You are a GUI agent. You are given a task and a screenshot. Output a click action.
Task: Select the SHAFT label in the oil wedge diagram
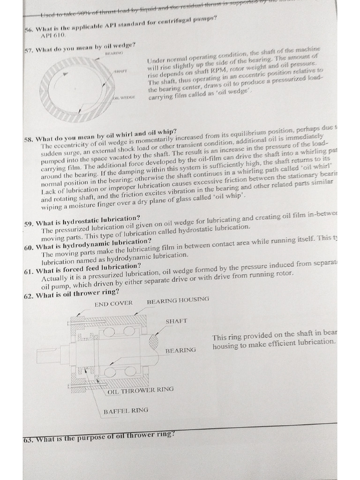(x=120, y=71)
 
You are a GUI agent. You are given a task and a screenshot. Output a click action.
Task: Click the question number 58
(x=30, y=139)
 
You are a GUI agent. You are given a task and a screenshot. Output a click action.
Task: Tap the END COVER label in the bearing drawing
(x=113, y=304)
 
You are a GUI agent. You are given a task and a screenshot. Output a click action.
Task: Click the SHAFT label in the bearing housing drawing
(x=176, y=321)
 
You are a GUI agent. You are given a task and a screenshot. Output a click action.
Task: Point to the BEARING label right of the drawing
(x=180, y=350)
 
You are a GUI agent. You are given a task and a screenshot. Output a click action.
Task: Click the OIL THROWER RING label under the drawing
(x=140, y=389)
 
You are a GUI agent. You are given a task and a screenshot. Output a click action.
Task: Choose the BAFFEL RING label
(x=126, y=410)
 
